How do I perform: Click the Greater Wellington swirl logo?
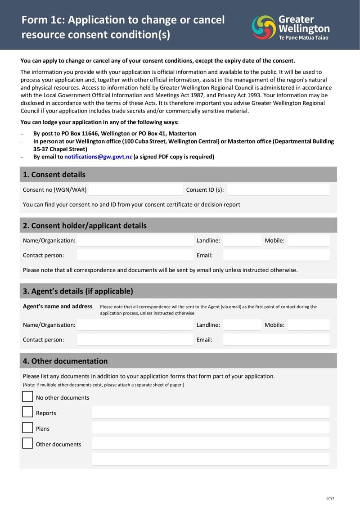(264, 27)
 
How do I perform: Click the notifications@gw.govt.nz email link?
(98, 157)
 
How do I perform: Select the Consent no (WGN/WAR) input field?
(135, 189)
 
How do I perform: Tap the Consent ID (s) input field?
(278, 189)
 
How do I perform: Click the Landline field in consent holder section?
(242, 240)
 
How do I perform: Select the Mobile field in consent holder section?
(308, 240)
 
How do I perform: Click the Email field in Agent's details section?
(276, 340)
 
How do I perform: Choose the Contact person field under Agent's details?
(135, 340)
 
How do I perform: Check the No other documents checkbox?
(28, 396)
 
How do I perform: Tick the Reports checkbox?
(28, 412)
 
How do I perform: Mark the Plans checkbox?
(28, 428)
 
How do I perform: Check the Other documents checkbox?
(28, 443)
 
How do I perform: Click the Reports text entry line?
(211, 412)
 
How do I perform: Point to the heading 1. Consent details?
(54, 175)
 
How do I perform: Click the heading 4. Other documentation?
(65, 361)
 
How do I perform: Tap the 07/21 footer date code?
(330, 498)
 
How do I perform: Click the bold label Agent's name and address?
(58, 306)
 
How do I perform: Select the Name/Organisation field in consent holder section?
(135, 240)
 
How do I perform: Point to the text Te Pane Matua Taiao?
(304, 38)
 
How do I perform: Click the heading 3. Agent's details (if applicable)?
(78, 291)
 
